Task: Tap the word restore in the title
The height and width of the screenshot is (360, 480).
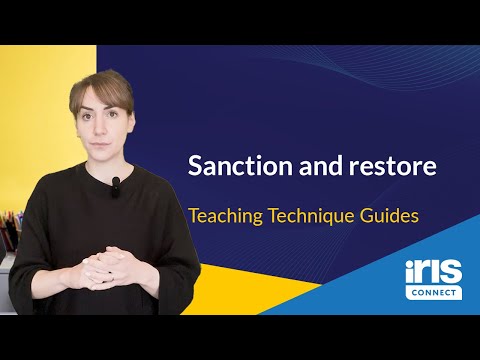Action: coord(388,167)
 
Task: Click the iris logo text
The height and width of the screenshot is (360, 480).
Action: coord(433,273)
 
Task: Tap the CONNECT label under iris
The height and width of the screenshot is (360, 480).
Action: coord(433,293)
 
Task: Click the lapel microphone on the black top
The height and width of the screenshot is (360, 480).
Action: coord(116,183)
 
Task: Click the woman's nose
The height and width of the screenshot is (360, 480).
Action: coord(102,123)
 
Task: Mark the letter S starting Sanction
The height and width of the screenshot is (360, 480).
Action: coord(196,167)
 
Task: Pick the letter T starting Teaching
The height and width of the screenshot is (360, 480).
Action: coord(194,214)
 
